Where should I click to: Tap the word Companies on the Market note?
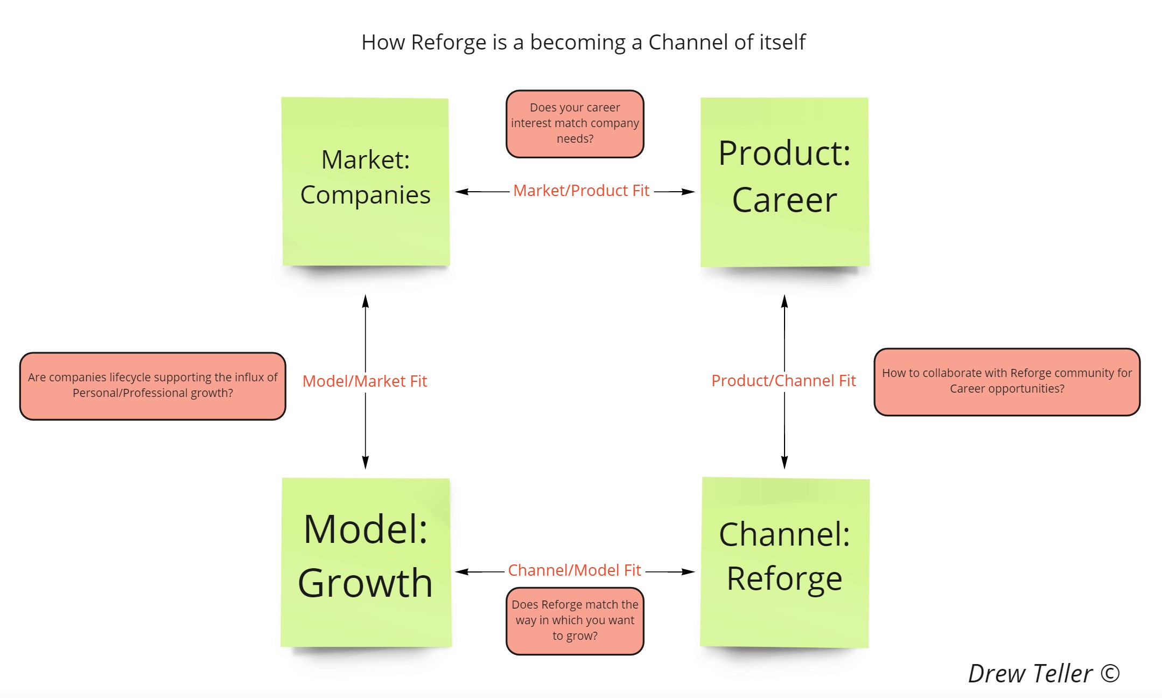click(365, 195)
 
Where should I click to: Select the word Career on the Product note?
click(784, 200)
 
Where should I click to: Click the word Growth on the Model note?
click(365, 583)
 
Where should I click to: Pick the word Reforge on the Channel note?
click(784, 579)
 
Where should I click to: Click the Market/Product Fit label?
click(581, 191)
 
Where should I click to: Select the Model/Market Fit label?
click(365, 381)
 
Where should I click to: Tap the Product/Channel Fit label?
click(783, 381)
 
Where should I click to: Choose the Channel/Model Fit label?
click(575, 570)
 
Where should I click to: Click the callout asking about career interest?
click(575, 124)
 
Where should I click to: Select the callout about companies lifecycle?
click(152, 386)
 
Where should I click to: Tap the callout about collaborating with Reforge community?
click(1006, 381)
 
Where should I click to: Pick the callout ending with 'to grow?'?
click(575, 621)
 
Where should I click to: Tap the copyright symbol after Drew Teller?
click(1110, 674)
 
